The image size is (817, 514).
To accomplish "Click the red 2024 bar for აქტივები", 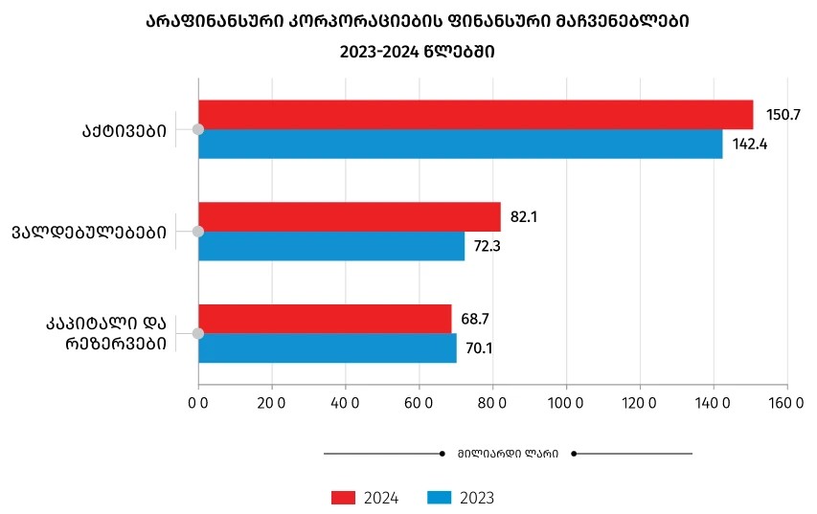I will point(475,115).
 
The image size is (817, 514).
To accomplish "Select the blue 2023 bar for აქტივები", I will point(460,144).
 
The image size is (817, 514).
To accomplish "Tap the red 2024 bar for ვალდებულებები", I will point(350,216).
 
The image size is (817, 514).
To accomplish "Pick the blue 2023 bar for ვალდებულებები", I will point(331,246).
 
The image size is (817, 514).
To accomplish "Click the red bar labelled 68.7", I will point(325,319).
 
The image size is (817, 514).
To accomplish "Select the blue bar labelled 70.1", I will point(328,347).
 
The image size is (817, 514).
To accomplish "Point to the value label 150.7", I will point(783,115).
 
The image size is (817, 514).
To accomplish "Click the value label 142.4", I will point(752,145).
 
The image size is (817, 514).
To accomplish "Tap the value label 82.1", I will point(524,217).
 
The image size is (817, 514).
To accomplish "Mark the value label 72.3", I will point(488,246).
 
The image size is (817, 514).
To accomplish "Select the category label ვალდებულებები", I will point(89,232).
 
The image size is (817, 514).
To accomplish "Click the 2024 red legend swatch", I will point(343,498).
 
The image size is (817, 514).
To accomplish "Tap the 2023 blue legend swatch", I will point(438,498).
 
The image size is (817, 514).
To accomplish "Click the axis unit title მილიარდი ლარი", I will point(508,454).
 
